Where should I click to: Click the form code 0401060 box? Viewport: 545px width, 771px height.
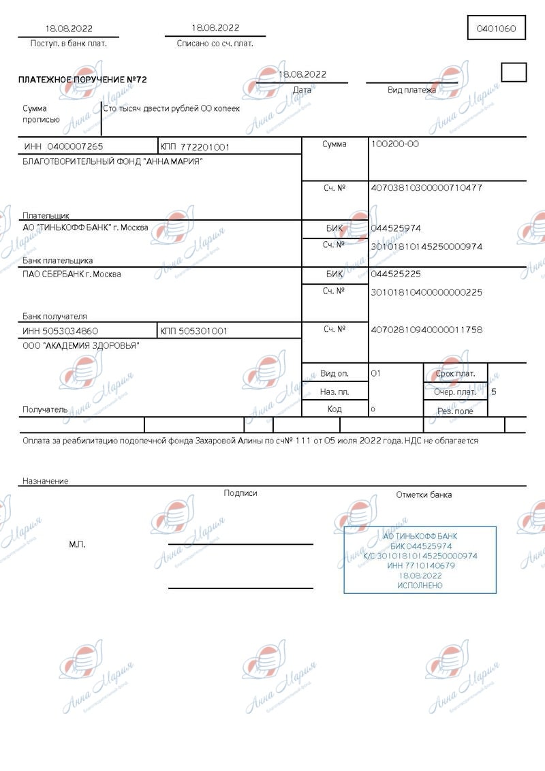coord(496,29)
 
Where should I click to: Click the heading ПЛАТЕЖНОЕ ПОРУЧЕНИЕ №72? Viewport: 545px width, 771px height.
coord(82,80)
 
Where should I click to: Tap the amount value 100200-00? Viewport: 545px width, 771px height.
coord(394,144)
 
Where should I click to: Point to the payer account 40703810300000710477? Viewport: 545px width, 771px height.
coord(425,187)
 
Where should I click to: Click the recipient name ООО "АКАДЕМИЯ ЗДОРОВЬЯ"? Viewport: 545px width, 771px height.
coord(81,345)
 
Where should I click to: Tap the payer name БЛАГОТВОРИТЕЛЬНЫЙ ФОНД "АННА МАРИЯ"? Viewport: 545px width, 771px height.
coord(112,161)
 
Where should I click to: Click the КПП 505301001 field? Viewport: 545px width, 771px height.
coord(193,331)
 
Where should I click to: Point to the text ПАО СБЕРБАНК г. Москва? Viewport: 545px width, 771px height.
coord(72,274)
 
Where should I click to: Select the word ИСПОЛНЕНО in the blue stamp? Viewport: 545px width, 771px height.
coord(420,585)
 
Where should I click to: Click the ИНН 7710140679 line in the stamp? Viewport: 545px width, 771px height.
coord(420,566)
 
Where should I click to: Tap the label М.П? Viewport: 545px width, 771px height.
coord(77,544)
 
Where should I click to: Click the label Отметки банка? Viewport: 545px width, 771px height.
coord(424,494)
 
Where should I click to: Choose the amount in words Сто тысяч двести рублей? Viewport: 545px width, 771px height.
coord(171,108)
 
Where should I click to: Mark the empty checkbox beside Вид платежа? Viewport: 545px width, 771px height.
coord(514,72)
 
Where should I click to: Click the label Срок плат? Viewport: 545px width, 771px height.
coord(455,374)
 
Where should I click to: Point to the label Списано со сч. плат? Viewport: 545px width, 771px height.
coord(215,43)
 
